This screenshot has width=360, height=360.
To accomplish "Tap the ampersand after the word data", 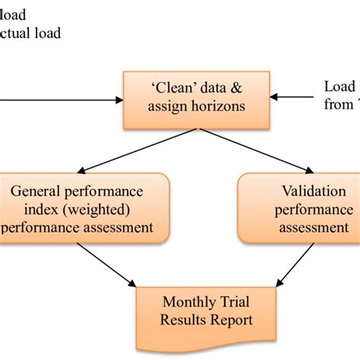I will click(231, 87).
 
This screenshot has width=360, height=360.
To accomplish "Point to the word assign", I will click(165, 106).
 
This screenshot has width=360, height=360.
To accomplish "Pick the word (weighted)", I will click(99, 209).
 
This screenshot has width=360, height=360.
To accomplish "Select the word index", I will click(44, 209).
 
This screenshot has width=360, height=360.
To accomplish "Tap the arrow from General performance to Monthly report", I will click(110, 266).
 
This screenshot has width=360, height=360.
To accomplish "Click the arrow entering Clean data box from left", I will click(61, 98).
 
